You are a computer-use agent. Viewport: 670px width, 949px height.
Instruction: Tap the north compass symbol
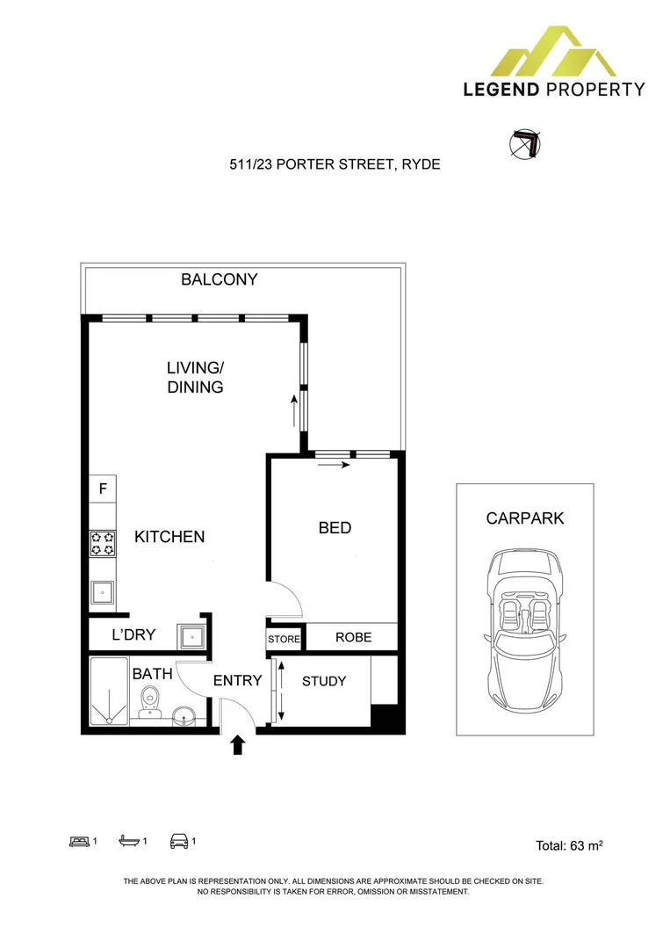pyautogui.click(x=525, y=145)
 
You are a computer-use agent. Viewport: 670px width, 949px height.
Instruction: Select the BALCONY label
pyautogui.click(x=219, y=279)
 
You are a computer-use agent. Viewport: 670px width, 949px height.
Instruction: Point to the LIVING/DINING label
pyautogui.click(x=195, y=377)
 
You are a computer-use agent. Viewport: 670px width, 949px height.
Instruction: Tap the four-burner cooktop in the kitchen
pyautogui.click(x=103, y=543)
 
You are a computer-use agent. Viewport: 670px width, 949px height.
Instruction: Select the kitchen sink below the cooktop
pyautogui.click(x=103, y=594)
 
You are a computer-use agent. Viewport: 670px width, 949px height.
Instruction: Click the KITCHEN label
pyautogui.click(x=169, y=536)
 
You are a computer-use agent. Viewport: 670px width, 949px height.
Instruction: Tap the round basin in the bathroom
pyautogui.click(x=184, y=716)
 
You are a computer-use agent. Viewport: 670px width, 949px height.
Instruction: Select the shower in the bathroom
pyautogui.click(x=109, y=692)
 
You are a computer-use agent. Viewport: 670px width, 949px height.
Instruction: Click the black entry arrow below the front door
pyautogui.click(x=237, y=746)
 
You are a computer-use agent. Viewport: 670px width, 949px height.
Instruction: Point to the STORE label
pyautogui.click(x=284, y=639)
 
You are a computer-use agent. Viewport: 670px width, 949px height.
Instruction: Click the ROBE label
pyautogui.click(x=353, y=638)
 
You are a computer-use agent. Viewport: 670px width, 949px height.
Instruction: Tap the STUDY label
pyautogui.click(x=323, y=681)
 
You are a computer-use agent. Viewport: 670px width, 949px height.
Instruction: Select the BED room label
pyautogui.click(x=335, y=527)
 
